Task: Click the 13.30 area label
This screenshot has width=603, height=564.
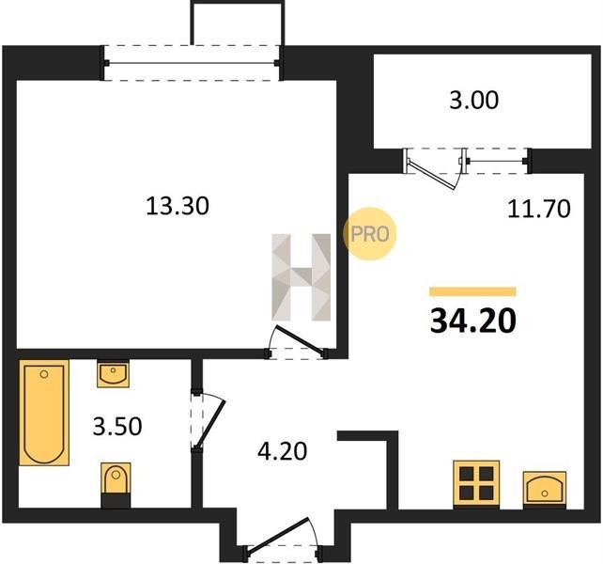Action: tap(178, 206)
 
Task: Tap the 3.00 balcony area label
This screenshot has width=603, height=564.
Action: tap(473, 100)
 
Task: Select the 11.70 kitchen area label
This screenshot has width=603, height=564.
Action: tap(539, 209)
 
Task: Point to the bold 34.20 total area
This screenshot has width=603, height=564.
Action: tap(473, 321)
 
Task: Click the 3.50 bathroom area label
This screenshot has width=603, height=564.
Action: tap(117, 426)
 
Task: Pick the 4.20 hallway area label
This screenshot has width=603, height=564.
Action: tap(283, 451)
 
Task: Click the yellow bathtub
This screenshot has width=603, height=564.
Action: tap(44, 413)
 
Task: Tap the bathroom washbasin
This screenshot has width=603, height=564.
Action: tap(113, 374)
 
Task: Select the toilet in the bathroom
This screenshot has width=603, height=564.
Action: tap(116, 485)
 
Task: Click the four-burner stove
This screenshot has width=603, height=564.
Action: tap(476, 483)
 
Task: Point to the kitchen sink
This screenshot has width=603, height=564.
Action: tap(544, 488)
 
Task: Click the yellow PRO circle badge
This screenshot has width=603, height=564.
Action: tap(369, 234)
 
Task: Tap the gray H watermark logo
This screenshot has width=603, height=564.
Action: tap(301, 277)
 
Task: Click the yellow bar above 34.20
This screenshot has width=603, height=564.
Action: tap(472, 291)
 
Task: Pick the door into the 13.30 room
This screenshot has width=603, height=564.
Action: tap(297, 340)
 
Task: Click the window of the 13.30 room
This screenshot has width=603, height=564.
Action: tap(192, 63)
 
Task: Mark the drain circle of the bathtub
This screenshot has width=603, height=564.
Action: tap(44, 374)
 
